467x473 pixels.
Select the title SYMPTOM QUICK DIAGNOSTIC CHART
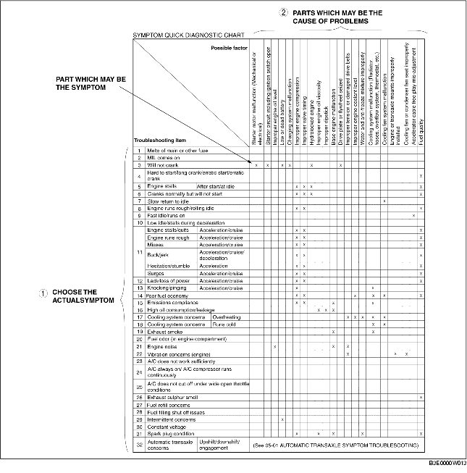187,34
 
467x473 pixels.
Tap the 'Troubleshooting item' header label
159,140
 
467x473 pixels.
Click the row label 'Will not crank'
163,165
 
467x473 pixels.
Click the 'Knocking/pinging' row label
169,288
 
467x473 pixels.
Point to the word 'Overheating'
226,317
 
